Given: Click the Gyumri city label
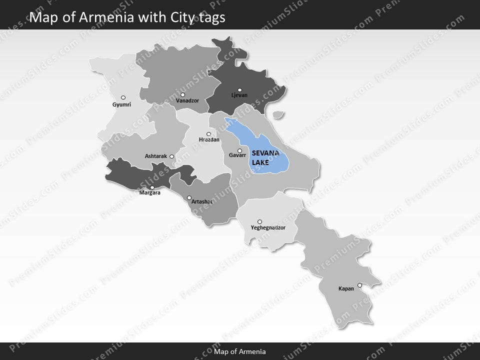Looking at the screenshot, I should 121,105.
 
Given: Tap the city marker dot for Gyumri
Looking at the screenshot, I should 123,97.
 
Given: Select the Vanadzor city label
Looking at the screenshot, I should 187,100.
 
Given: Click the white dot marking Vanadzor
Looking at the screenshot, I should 183,94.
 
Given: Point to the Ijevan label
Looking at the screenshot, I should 239,95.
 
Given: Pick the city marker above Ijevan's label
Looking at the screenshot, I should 239,90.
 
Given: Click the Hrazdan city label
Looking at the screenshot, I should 209,140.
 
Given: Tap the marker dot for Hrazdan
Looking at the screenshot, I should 208,134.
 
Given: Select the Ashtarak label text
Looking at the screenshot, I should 155,156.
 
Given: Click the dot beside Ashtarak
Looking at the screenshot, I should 171,156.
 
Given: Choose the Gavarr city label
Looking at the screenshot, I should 237,155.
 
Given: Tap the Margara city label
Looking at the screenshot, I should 150,192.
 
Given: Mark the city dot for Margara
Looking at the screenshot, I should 152,187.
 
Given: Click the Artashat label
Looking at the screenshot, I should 202,201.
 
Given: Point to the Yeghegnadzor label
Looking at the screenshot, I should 267,228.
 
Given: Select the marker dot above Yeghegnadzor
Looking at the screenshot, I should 259,221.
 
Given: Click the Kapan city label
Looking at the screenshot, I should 346,288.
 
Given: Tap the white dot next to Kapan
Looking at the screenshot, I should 359,285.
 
